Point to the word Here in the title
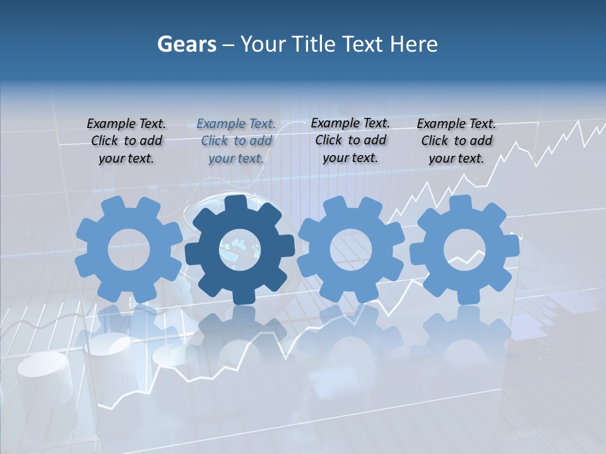pos(413,44)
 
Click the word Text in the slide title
pos(362,44)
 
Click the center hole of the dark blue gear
pos(239,249)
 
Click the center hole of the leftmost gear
pos(129,249)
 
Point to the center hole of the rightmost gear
pos(464,249)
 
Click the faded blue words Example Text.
pos(236,124)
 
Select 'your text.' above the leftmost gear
pos(126,158)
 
